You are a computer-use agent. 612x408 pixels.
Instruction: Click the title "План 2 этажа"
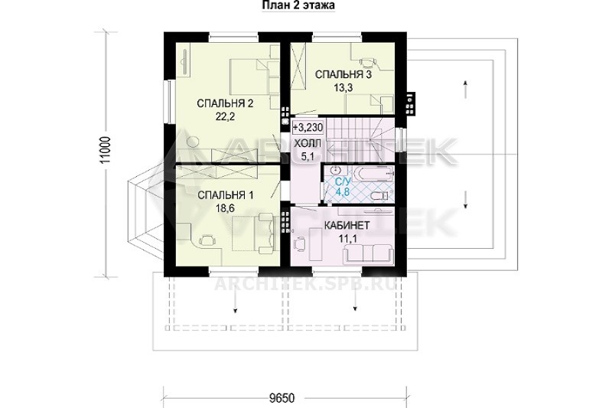pos(298,5)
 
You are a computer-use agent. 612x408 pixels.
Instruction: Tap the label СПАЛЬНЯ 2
pos(225,104)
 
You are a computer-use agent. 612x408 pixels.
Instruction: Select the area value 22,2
pos(225,116)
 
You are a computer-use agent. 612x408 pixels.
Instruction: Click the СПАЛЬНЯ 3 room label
pos(343,74)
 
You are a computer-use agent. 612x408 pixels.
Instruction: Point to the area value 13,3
pos(343,87)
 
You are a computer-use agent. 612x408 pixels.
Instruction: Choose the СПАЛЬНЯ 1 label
pos(225,195)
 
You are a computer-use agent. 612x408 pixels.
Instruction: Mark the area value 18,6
pos(225,208)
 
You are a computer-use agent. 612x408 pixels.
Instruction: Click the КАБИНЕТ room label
pos(347,226)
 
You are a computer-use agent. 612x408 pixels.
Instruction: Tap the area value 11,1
pos(347,239)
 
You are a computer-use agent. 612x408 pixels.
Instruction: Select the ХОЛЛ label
pos(308,144)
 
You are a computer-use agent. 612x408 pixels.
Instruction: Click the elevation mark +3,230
pos(308,127)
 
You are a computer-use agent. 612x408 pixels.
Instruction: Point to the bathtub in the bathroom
pos(373,173)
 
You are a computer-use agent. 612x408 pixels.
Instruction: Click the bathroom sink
pos(335,171)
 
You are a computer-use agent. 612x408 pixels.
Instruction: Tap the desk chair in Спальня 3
pos(367,61)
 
